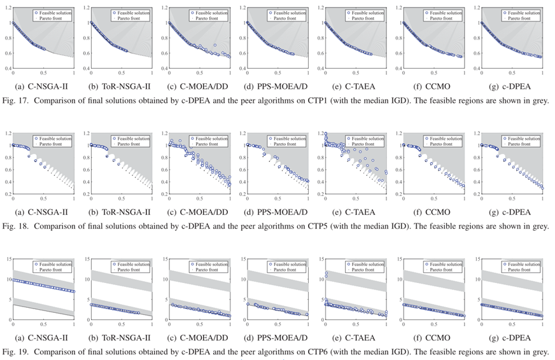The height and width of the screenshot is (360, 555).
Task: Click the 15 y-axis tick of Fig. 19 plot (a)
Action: coord(7,258)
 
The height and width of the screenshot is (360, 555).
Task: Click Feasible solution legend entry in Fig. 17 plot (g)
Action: coord(524,12)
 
